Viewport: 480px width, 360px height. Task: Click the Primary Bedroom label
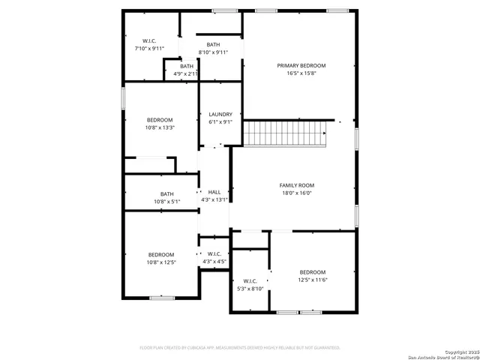pyautogui.click(x=301, y=65)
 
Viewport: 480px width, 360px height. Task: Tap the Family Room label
pyautogui.click(x=296, y=184)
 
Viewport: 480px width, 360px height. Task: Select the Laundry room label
pyautogui.click(x=220, y=114)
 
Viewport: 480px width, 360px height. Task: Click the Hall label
pyautogui.click(x=214, y=192)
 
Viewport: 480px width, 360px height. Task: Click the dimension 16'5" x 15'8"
pyautogui.click(x=301, y=73)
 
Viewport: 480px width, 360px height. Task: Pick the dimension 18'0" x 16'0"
pyautogui.click(x=296, y=193)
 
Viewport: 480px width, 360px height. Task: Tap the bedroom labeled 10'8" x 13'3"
pyautogui.click(x=160, y=120)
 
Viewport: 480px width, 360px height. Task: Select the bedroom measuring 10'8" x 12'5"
pyautogui.click(x=160, y=254)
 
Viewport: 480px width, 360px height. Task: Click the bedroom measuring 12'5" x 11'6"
pyautogui.click(x=313, y=271)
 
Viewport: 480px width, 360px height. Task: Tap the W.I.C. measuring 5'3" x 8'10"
pyautogui.click(x=250, y=281)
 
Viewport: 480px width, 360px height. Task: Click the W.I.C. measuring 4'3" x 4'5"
pyautogui.click(x=214, y=253)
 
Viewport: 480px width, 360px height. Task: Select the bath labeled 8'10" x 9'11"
pyautogui.click(x=213, y=44)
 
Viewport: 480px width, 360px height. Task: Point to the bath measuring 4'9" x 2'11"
pyautogui.click(x=186, y=67)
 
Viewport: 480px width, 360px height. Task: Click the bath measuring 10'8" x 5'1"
pyautogui.click(x=166, y=194)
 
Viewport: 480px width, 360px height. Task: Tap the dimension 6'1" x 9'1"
pyautogui.click(x=220, y=122)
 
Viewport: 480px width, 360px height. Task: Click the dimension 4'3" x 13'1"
pyautogui.click(x=214, y=200)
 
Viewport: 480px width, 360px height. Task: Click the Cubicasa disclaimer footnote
pyautogui.click(x=240, y=348)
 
